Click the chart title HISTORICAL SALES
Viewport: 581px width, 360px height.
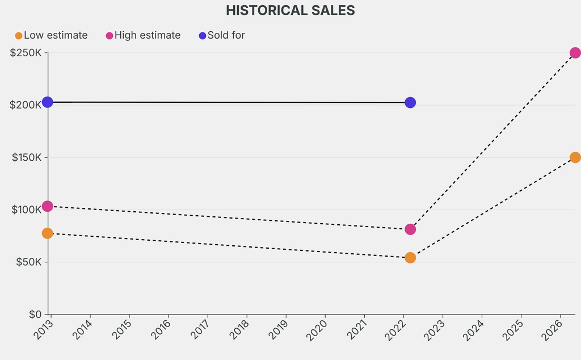(290, 10)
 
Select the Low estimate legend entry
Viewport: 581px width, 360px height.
(51, 35)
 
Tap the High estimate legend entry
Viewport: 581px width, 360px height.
(143, 35)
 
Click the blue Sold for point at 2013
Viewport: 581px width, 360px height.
(48, 102)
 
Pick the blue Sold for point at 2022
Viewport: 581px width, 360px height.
(410, 103)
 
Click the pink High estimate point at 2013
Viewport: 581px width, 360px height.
(48, 206)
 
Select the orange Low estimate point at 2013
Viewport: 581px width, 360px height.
(48, 233)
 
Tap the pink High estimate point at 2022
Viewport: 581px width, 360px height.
(410, 229)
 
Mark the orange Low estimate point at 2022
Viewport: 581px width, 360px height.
(410, 258)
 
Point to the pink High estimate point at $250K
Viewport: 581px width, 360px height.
(575, 53)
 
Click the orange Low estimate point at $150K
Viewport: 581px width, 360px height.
(575, 157)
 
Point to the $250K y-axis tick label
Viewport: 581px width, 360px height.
(26, 53)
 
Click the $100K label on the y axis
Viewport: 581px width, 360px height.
(26, 210)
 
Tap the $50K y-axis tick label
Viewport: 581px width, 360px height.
(28, 262)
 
